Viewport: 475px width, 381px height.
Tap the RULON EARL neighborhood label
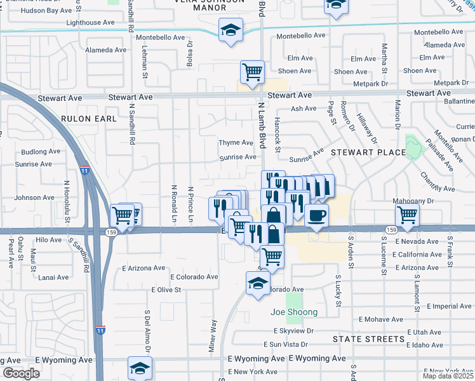[x=89, y=119]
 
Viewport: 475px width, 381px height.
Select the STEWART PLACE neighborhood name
[x=368, y=152]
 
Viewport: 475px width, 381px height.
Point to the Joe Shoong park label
[x=294, y=312]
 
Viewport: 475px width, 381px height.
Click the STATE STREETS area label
[x=368, y=339]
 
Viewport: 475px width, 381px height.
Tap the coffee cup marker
[x=316, y=215]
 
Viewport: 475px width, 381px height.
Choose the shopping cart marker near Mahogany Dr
[x=406, y=215]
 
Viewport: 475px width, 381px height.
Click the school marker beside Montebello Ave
[x=231, y=29]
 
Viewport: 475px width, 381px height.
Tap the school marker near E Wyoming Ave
[x=140, y=368]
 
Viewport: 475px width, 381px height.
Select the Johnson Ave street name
[x=35, y=197]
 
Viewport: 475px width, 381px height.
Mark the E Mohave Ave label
[x=381, y=319]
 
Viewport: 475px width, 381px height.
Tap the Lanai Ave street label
[x=53, y=277]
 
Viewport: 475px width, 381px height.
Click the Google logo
[x=21, y=373]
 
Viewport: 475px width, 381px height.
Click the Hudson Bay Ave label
[x=47, y=11]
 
